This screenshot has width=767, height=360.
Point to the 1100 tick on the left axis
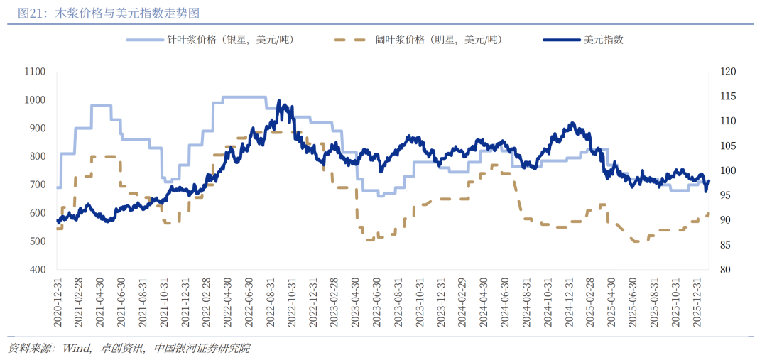pos(34,72)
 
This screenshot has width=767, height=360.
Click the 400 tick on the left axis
pos(37,270)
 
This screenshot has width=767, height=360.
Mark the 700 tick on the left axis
pos(37,185)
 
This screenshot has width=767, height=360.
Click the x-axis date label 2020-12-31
pos(58,302)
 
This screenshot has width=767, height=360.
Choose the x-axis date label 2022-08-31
pos(271,302)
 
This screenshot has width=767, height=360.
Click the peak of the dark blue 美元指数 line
pos(279,102)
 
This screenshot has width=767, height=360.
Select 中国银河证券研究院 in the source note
pos(202,348)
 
